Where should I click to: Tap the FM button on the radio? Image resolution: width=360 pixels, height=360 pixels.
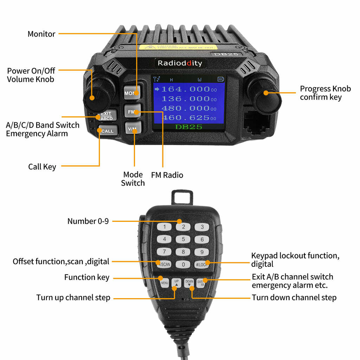point(132,112)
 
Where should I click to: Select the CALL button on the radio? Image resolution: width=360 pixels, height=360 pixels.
point(107,131)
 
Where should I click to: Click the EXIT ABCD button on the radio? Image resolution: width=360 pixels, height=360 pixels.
point(106,116)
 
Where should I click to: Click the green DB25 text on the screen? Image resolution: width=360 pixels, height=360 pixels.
point(188,127)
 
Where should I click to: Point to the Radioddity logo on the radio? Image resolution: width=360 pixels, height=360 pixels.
point(180,63)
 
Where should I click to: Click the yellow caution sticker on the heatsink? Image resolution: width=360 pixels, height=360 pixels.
point(178,47)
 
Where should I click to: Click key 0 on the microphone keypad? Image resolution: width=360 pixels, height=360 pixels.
point(183,264)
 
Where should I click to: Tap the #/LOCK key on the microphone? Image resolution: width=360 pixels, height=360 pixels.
point(202,264)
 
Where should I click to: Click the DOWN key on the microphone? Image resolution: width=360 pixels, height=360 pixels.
point(189,283)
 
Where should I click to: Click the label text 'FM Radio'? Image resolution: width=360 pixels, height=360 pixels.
point(167,175)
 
